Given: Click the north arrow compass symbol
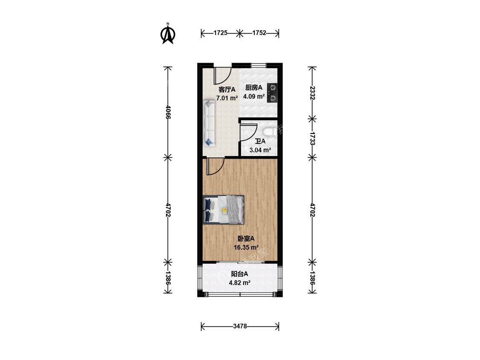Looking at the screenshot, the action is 168,34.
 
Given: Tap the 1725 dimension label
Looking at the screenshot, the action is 221,33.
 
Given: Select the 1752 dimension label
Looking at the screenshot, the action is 259,33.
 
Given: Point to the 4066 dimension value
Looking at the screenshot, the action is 168,112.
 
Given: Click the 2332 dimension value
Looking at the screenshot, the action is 312,93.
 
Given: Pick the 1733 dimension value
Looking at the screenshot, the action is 312,138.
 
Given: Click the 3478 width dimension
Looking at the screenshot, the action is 240,326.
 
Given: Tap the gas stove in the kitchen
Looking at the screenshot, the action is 272,93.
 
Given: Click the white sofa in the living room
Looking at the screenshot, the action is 209,123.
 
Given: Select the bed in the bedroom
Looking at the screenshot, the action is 224,210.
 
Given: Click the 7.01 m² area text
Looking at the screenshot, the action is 227,98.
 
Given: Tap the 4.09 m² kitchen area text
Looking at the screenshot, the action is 254,96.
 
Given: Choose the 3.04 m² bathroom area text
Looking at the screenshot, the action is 260,150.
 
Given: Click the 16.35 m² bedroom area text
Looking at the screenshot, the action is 246,247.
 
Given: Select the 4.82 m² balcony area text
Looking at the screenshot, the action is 240,282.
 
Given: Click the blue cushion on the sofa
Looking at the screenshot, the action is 209,142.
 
